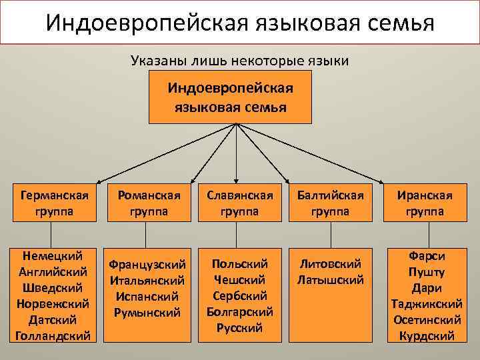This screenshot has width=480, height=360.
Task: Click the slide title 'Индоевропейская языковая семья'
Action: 240,23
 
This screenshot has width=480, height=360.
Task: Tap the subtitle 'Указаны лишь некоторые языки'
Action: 240,61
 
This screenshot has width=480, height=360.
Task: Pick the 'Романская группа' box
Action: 149,203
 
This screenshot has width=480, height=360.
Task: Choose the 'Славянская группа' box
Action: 240,203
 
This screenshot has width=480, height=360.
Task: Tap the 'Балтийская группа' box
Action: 331,203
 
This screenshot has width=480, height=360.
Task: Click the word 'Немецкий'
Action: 52,255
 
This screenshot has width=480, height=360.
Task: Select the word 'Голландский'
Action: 52,335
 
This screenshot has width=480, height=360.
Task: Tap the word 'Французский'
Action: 147,265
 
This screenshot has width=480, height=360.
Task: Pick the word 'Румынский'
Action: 147,312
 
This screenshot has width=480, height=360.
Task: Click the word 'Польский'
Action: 239,264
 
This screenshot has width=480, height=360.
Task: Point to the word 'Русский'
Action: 239,327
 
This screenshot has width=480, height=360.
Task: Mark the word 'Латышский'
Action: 331,280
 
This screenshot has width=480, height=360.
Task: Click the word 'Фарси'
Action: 426,256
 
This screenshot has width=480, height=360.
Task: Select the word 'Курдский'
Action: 426,335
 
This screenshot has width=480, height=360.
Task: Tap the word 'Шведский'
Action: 52,287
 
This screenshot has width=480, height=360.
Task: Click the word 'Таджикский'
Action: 426,303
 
